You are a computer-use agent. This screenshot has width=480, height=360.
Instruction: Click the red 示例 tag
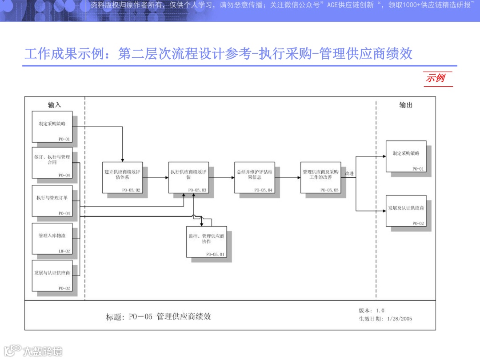436,78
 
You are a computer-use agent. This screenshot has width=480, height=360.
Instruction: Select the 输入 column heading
55,105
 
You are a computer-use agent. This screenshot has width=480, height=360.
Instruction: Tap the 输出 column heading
405,105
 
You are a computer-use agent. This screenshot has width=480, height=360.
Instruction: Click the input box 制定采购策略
52,127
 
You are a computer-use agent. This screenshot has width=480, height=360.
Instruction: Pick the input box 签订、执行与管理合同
52,163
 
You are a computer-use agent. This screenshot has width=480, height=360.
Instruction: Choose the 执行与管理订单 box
52,201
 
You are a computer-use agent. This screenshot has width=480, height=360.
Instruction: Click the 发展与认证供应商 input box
52,276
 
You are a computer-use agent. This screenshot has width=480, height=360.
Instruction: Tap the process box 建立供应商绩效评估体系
122,177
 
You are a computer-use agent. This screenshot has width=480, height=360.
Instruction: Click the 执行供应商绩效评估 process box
188,177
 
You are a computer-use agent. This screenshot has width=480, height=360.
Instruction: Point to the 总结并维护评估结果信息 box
255,177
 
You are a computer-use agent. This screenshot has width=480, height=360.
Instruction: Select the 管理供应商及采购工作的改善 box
320,177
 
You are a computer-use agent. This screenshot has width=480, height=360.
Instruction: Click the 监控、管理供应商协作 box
206,242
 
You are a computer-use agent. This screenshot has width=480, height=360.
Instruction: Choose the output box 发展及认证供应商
406,211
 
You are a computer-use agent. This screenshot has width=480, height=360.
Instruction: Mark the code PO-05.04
264,190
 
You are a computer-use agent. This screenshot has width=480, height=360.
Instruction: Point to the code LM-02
64,251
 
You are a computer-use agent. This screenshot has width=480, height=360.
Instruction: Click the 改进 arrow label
349,173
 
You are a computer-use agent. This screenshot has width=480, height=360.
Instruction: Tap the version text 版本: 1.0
372,311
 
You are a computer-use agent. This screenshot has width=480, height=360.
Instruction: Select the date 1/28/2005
400,319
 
